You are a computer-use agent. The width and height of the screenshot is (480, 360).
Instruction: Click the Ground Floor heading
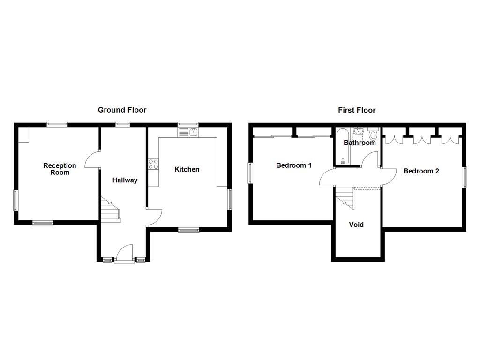tap(122, 110)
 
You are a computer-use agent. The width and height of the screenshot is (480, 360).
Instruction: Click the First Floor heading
tap(357, 110)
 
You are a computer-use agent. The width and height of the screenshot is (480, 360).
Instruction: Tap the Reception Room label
tap(60, 169)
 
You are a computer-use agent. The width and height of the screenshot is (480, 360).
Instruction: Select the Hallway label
tap(125, 180)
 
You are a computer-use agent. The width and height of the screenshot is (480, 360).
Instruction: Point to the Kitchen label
tap(187, 169)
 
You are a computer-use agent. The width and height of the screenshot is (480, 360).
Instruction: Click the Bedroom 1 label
tap(293, 165)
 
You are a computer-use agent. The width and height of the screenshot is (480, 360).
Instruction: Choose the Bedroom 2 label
tap(421, 171)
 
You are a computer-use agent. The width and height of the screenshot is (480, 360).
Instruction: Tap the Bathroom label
tap(360, 142)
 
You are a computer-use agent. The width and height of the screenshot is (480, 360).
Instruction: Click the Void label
tap(356, 225)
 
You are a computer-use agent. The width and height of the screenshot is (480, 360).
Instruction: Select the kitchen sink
tap(188, 132)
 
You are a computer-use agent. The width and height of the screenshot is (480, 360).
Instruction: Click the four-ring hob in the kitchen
tap(153, 164)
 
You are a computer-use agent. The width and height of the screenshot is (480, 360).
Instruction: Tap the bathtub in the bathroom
tap(341, 146)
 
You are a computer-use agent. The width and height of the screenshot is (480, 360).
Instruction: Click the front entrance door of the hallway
tap(124, 253)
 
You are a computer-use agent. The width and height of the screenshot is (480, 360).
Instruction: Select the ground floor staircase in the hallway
tap(110, 209)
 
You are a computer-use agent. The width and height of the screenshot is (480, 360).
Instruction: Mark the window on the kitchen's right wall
tap(230, 199)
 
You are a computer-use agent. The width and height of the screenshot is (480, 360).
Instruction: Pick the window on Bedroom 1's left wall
tap(250, 173)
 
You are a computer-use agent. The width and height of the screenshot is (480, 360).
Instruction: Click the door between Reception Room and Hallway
tap(93, 160)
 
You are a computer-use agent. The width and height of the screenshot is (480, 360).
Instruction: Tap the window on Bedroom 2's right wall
tap(465, 178)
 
